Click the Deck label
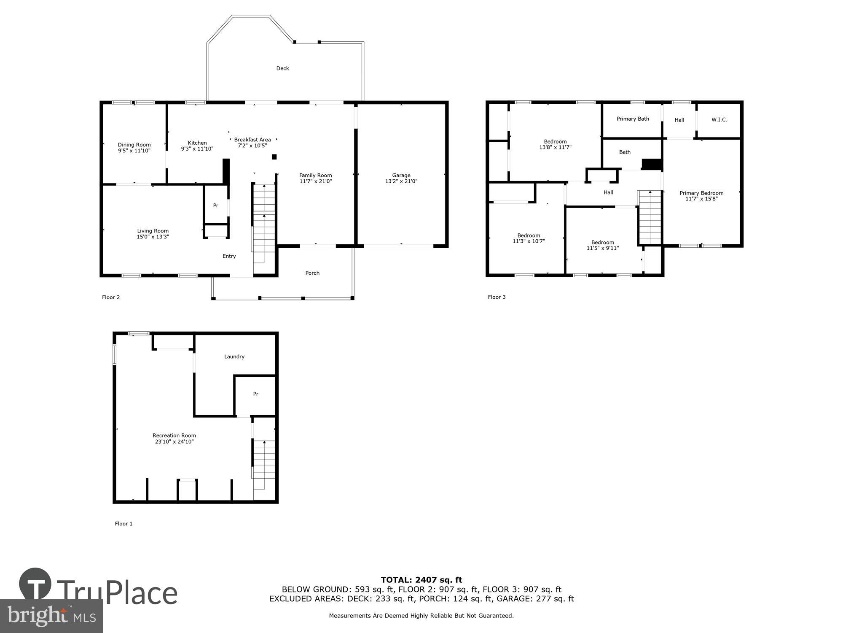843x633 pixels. [x=282, y=68]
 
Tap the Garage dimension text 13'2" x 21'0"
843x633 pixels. [x=401, y=181]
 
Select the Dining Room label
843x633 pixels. [x=134, y=145]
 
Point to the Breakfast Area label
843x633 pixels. [x=252, y=140]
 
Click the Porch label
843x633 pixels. [x=312, y=273]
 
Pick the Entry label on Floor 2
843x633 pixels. [x=229, y=256]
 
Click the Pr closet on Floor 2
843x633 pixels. [x=216, y=206]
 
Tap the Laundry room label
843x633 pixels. [x=234, y=357]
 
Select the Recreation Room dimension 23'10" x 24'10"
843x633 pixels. [x=174, y=442]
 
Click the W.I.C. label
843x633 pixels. [x=719, y=120]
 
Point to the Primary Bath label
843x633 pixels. [x=632, y=119]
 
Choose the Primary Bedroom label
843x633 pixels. [x=701, y=193]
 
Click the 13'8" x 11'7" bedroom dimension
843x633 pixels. [x=555, y=148]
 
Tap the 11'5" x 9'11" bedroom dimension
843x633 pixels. [x=602, y=248]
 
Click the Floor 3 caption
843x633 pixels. [x=497, y=297]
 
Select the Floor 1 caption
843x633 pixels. [x=123, y=524]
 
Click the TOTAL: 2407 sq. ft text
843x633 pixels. [x=421, y=580]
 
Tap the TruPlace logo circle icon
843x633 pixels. [x=35, y=584]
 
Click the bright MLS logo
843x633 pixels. [x=51, y=616]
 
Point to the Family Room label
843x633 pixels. [x=315, y=176]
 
